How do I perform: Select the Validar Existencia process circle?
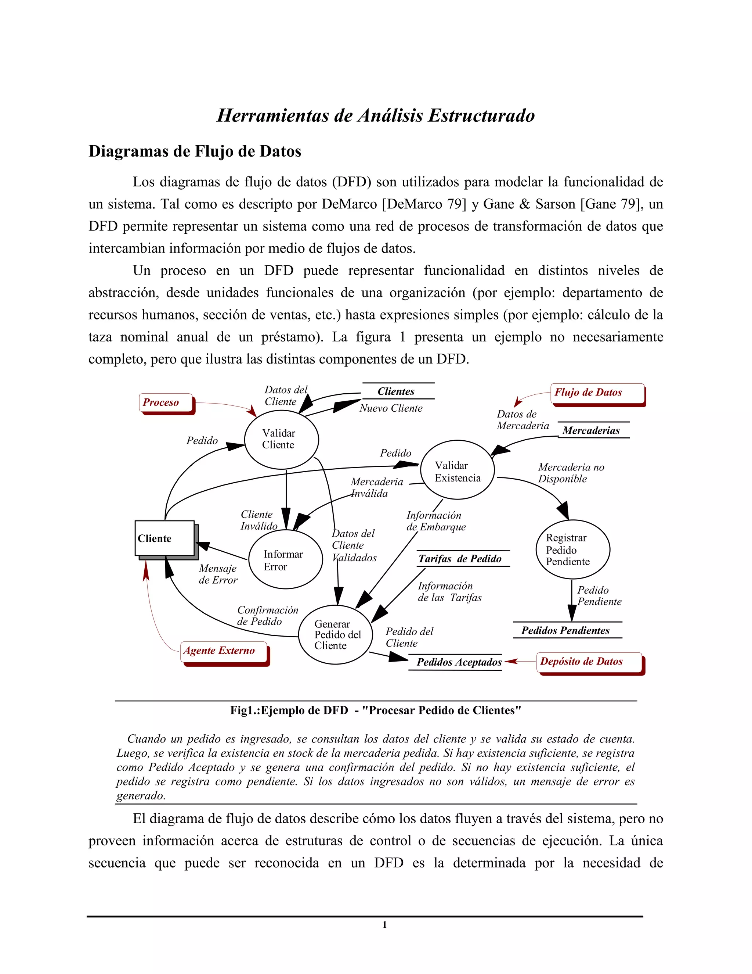click(x=458, y=470)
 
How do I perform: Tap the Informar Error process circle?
click(x=285, y=560)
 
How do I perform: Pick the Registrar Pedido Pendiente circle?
click(x=572, y=549)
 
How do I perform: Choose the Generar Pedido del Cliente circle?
click(x=336, y=635)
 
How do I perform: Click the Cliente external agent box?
click(x=164, y=538)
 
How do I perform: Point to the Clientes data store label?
click(x=396, y=391)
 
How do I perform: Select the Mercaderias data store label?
click(x=591, y=430)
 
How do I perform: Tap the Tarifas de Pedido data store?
click(x=460, y=559)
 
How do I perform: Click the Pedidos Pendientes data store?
click(x=565, y=630)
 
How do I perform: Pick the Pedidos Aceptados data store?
click(x=459, y=662)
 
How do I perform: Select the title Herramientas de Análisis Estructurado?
click(x=376, y=115)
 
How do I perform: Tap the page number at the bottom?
click(x=384, y=924)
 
